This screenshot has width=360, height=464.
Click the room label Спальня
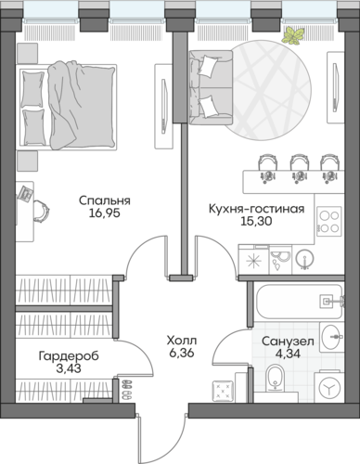105,200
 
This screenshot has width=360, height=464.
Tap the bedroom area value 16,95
104,213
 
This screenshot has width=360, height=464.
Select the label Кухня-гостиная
256,209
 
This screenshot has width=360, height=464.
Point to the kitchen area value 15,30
256,221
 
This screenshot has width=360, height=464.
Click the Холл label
182,341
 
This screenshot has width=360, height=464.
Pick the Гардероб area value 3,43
69,368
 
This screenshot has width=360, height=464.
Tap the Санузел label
288,342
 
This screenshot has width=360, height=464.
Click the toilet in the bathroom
275,379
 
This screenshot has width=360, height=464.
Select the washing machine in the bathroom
329,386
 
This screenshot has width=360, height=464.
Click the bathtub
299,302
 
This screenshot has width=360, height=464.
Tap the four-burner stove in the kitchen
329,222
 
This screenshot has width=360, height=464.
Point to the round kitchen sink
304,258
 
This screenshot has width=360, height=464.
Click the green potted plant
293,35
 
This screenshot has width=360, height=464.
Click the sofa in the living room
211,87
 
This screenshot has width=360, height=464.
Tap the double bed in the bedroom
68,107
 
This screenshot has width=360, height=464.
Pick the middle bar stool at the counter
298,169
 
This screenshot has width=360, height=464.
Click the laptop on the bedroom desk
26,193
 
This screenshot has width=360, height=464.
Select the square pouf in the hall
223,390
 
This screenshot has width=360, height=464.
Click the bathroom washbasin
332,337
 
